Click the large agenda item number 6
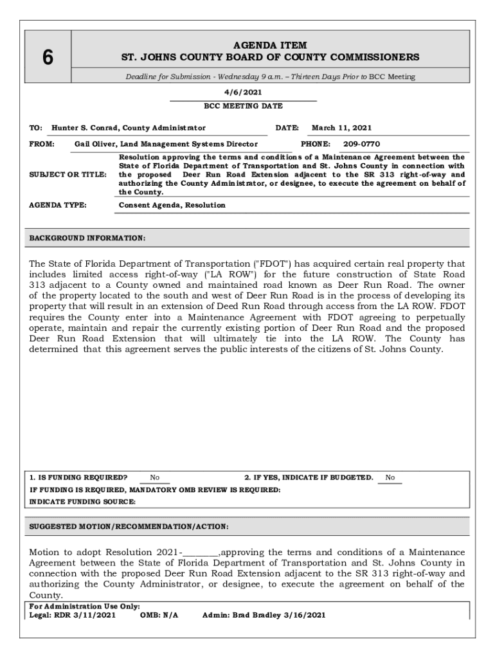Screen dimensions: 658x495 [48, 58]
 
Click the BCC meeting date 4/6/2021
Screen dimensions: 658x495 [243, 92]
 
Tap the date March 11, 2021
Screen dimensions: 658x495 [341, 128]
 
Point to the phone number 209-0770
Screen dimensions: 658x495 [361, 144]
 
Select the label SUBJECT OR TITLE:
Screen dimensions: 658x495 [68, 174]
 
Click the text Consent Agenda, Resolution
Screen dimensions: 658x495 [172, 205]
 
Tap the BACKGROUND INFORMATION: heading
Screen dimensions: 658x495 [87, 238]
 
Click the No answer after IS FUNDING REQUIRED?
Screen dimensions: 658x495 [155, 477]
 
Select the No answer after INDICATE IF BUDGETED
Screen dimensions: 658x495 [390, 477]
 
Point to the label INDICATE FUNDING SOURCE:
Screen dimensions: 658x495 [82, 501]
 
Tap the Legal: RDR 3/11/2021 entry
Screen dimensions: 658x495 [73, 615]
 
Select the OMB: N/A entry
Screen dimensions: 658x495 [159, 615]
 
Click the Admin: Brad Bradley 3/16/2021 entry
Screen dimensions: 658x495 [264, 615]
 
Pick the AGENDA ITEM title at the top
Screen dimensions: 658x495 [270, 46]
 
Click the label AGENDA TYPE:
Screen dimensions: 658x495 [58, 205]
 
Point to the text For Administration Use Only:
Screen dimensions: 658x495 [85, 607]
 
